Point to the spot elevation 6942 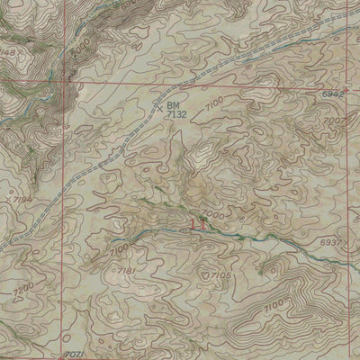pos(334,94)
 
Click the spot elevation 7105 pos(222,276)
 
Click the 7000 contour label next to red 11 pos(212,216)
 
